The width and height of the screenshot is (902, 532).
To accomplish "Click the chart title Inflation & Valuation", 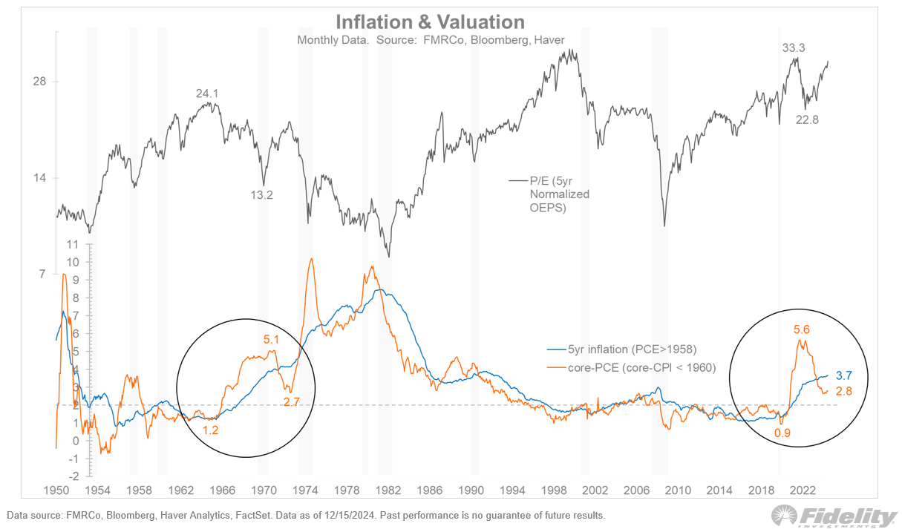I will [430, 22].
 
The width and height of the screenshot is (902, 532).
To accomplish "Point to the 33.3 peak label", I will [794, 48].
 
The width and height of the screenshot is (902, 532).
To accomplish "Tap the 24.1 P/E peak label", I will [208, 93].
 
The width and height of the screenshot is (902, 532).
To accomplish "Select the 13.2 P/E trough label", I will [261, 195].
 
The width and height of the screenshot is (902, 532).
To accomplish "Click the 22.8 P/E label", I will [807, 120].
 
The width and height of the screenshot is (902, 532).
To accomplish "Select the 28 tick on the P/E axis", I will [39, 82].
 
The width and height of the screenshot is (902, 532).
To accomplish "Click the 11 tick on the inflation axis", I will [72, 244].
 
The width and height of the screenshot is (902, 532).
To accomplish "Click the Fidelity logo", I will [834, 516].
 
